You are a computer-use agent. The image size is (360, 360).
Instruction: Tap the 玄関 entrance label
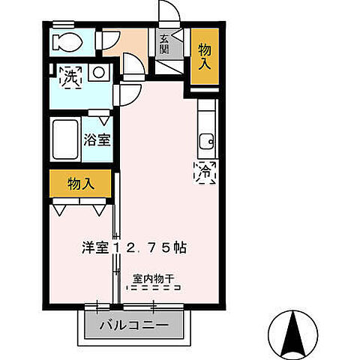pyautogui.click(x=164, y=44)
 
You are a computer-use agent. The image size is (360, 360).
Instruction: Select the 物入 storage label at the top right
pyautogui.click(x=205, y=56)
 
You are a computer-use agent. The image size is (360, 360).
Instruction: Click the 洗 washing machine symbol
pyautogui.click(x=70, y=76)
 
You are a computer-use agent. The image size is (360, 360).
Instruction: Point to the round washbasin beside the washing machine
pyautogui.click(x=98, y=73)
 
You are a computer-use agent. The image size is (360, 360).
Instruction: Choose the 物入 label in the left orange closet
pyautogui.click(x=80, y=184)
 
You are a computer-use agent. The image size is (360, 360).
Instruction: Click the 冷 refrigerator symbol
pyautogui.click(x=206, y=171)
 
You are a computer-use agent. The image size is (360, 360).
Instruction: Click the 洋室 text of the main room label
pyautogui.click(x=94, y=247)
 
